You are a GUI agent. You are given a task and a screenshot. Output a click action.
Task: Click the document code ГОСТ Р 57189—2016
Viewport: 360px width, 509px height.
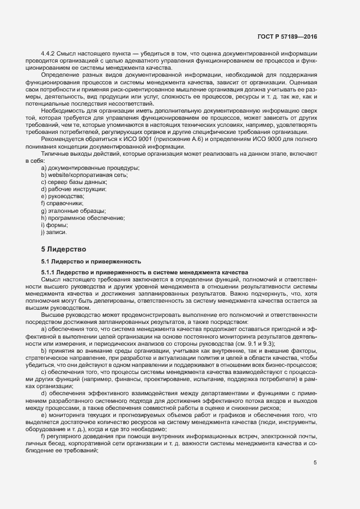(x=287, y=36)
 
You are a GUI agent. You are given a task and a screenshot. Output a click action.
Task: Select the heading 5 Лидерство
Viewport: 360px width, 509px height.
(x=64, y=249)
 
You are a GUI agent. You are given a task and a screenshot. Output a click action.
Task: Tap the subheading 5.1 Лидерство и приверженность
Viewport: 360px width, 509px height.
(x=91, y=261)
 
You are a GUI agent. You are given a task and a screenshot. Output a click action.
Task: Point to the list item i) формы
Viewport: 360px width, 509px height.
(x=54, y=225)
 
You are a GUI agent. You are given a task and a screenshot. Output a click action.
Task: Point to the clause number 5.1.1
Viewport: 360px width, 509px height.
(x=48, y=272)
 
